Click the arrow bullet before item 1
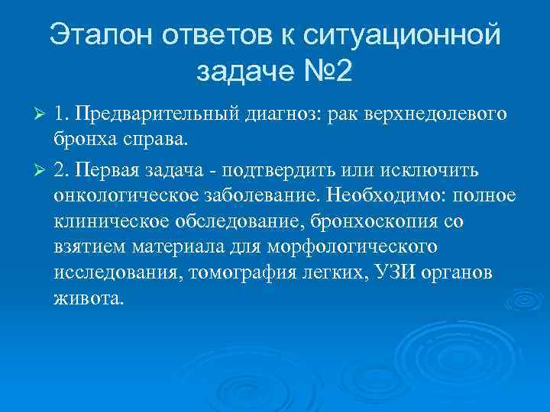click(x=42, y=114)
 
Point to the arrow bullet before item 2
click(x=42, y=168)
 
